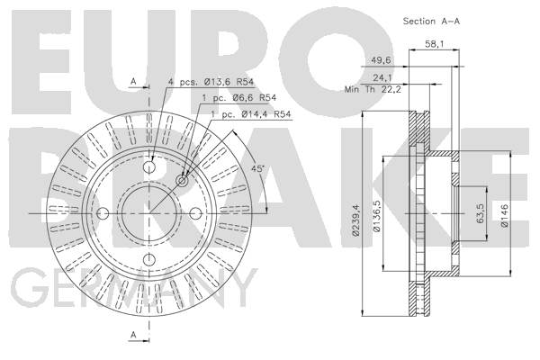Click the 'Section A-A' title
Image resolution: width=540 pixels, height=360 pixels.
coord(431,21)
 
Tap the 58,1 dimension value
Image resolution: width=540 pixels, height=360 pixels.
coord(435,44)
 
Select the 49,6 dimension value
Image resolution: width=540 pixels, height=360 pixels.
coord(381,60)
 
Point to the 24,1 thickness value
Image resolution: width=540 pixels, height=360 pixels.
coord(382,78)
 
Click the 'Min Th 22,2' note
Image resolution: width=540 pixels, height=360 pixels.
coord(373,90)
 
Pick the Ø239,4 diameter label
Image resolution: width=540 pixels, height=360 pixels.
coord(355,220)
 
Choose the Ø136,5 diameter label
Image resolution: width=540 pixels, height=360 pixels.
coord(377,216)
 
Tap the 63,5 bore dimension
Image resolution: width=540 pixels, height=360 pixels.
coord(481,213)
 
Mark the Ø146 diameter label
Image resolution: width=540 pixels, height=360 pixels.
coord(505,215)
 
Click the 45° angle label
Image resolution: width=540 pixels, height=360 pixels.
coord(257,169)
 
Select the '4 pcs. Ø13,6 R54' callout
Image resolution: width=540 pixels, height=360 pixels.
coord(211,82)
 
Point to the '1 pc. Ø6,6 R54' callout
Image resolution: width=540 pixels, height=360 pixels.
coord(239,98)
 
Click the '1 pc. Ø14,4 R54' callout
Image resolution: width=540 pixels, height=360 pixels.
coord(251,114)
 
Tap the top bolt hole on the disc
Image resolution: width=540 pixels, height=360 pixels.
coord(149,167)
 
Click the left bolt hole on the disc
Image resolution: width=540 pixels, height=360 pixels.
coord(103,213)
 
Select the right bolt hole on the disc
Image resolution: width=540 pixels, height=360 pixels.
coord(195,213)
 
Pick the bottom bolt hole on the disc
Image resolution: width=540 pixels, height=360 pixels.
coord(149,259)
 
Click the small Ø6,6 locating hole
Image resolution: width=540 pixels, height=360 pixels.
coord(182,181)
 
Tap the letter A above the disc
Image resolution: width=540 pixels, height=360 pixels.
coord(133,82)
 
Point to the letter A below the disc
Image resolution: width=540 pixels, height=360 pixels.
coord(133,335)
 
